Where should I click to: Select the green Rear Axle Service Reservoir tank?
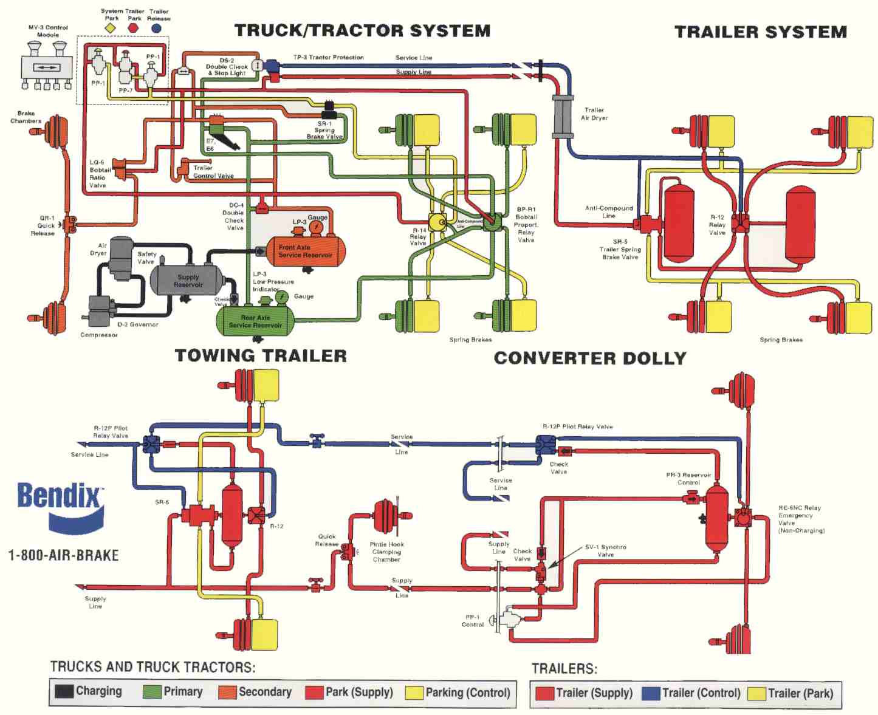(255, 321)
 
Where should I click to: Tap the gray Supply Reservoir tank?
(187, 280)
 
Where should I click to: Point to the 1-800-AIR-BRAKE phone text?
(63, 555)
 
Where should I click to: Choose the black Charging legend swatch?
(64, 691)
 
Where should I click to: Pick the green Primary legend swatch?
(152, 691)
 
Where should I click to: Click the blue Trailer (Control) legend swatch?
(651, 693)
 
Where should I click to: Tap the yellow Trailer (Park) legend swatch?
(756, 693)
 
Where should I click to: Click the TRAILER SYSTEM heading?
(760, 32)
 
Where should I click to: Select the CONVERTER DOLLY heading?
(589, 358)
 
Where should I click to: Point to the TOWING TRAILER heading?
(261, 356)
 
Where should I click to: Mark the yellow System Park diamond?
(111, 27)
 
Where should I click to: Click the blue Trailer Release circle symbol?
(157, 27)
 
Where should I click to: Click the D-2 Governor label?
(138, 324)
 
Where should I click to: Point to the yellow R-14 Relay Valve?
(437, 222)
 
